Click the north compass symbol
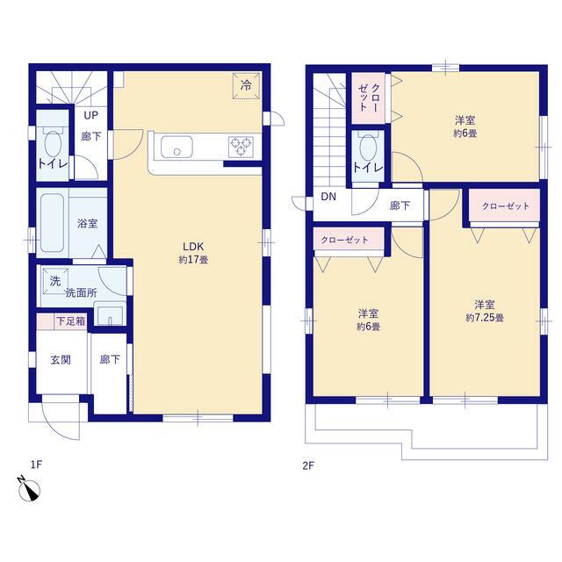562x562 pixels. click(x=29, y=489)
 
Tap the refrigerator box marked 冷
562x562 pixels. click(x=246, y=85)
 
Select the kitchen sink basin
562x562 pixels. click(x=177, y=147)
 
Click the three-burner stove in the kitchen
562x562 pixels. click(x=241, y=147)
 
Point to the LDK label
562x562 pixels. click(x=193, y=246)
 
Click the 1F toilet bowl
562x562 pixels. click(x=53, y=143)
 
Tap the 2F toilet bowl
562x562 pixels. click(x=368, y=147)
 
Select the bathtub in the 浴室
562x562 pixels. click(x=53, y=222)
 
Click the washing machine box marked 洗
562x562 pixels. click(x=55, y=281)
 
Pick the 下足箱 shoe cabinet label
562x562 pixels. click(x=71, y=321)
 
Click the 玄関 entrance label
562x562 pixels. click(x=61, y=359)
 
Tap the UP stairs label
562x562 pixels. click(x=90, y=115)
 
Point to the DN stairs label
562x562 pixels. click(x=328, y=197)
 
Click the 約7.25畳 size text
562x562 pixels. click(x=485, y=318)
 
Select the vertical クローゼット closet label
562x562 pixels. click(x=368, y=97)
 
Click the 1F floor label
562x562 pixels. click(x=36, y=465)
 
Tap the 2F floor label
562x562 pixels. click(x=308, y=465)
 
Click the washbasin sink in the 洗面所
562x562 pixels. click(x=110, y=314)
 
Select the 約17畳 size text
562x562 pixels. click(x=193, y=260)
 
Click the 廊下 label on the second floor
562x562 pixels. click(x=400, y=205)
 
